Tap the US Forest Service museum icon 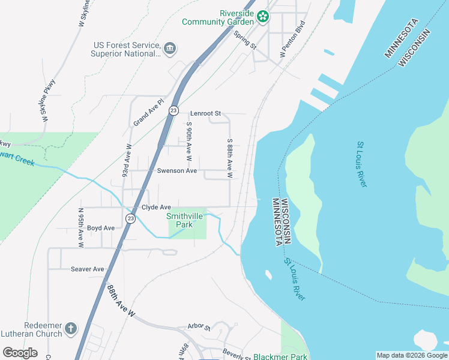coord(169,47)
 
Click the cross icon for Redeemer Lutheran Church coord(71,328)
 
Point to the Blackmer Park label coord(280,356)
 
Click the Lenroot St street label coord(206,113)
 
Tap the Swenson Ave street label coord(177,170)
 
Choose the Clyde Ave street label coord(156,207)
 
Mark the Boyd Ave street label coord(101,228)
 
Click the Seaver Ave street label coord(88,269)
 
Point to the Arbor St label coord(199,328)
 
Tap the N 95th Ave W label coord(80,228)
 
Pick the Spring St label coord(245,41)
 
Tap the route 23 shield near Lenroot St coord(173,110)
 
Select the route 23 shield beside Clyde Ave coord(131,218)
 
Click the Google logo coord(20,353)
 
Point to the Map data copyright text coord(411,355)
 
